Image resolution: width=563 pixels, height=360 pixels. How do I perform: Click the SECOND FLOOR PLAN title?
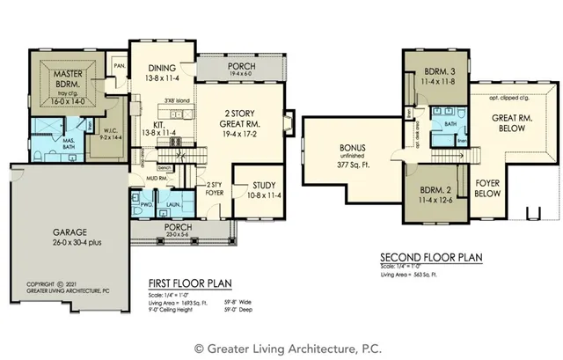(x=431, y=258)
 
